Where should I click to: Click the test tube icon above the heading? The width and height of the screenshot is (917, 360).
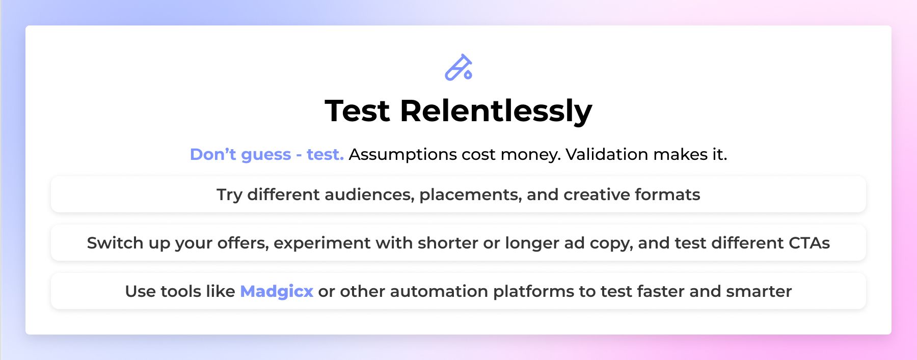point(456,68)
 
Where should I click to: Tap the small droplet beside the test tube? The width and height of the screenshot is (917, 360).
point(468,75)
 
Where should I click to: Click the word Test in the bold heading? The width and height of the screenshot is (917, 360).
point(358,110)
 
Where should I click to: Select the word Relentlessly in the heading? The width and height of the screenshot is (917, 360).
point(496,112)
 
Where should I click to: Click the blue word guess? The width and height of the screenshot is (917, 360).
point(265,155)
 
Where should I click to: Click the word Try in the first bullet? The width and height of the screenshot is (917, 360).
point(229,195)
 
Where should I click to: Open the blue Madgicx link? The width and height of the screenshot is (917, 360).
point(277,291)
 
